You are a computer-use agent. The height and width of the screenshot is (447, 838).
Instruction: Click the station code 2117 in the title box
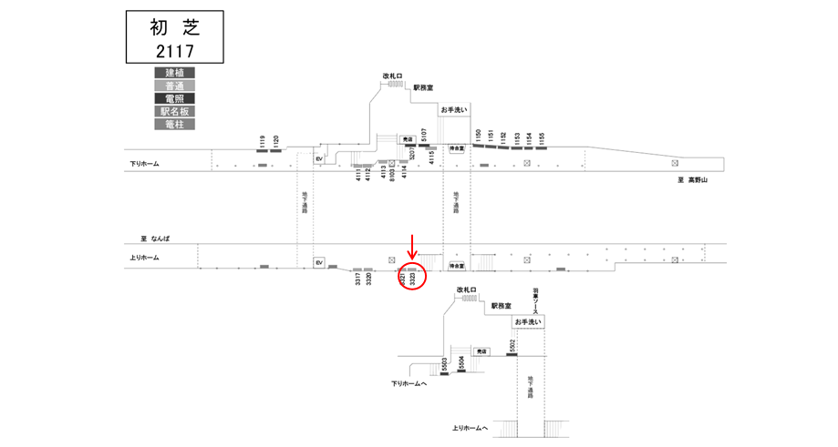coord(174,50)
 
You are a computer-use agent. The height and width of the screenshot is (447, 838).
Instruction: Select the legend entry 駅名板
coord(174,111)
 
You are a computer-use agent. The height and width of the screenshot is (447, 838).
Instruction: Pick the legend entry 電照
coord(174,98)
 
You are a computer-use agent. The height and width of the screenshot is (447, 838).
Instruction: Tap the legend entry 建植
coord(174,73)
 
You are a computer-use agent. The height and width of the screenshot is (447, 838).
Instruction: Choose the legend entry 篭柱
coord(174,124)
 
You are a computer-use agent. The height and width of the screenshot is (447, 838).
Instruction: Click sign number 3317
coord(358,280)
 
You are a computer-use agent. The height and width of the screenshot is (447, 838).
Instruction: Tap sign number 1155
coord(542,138)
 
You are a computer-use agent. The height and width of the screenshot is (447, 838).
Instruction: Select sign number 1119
coord(262,142)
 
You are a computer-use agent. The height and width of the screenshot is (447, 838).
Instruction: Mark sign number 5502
coord(512,347)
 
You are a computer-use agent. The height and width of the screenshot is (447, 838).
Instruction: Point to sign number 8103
coord(392,172)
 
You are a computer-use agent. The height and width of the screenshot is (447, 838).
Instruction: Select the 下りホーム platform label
coord(144,164)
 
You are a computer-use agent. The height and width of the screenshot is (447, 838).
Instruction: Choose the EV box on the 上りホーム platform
coord(319,262)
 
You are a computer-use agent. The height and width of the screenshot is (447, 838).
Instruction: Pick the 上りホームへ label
coord(470,428)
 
